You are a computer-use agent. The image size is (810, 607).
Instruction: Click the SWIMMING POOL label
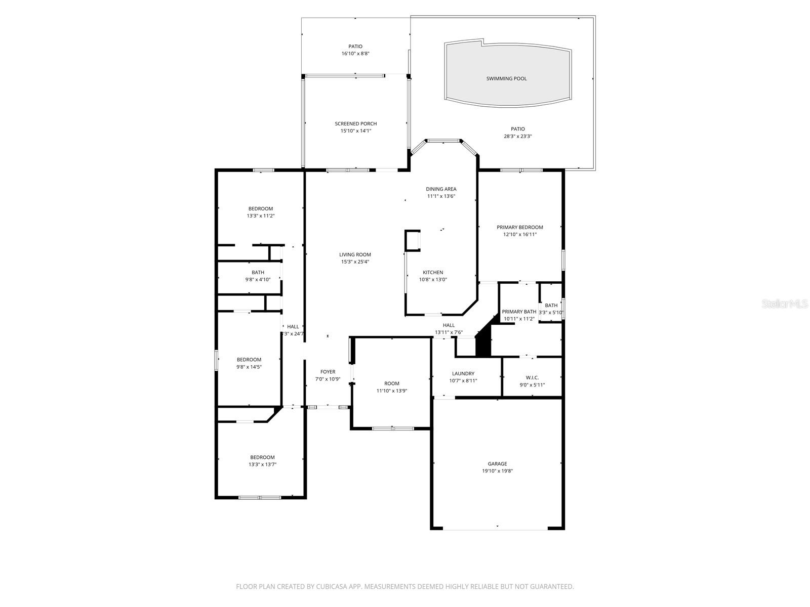506,78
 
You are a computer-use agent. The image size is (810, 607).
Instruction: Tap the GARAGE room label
497,463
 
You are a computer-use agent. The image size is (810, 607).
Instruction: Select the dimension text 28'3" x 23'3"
517,136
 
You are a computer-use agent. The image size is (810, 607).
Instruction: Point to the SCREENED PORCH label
355,123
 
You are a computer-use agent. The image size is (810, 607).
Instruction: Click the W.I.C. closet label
532,377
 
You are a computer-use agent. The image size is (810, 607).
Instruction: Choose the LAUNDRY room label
463,373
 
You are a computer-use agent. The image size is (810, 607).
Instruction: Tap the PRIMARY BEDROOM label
519,227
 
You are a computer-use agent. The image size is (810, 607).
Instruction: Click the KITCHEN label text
433,272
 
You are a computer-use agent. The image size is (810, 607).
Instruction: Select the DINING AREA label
441,189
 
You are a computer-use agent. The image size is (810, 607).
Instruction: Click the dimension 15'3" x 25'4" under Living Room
355,262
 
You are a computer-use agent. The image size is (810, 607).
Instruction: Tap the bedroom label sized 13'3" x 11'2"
260,208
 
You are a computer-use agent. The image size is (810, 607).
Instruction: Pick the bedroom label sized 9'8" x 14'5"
249,360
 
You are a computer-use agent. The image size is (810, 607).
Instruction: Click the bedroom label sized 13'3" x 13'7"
262,457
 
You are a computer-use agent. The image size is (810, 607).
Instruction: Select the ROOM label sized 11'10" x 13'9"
391,383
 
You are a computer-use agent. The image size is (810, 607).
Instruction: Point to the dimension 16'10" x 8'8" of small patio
355,54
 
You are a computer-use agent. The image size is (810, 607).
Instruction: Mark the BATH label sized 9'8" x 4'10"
258,272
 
